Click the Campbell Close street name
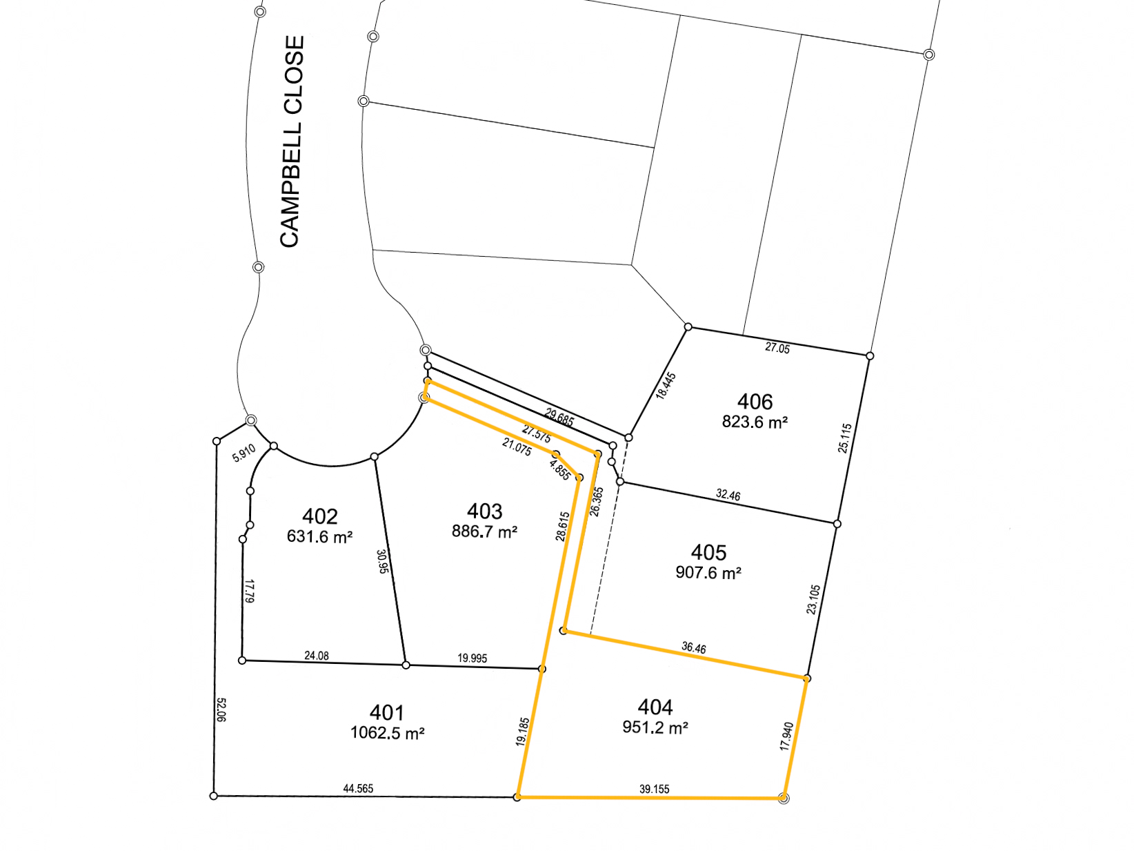pos(292,141)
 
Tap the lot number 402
pos(319,516)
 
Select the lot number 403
pos(484,511)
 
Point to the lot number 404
pos(655,707)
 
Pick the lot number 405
pos(708,552)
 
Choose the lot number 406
pos(755,402)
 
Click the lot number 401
pos(386,712)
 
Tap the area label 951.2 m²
pos(655,727)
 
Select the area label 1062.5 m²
pos(387,733)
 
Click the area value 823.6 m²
pos(755,422)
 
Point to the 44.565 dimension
pos(358,788)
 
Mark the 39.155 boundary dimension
pos(654,789)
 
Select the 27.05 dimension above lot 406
pos(777,348)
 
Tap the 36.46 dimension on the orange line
pos(693,648)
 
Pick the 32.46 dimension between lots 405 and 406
pos(728,495)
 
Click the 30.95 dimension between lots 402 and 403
pos(383,561)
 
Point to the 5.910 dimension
pos(243,453)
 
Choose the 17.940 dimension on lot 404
pos(786,736)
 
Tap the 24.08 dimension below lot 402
pos(317,656)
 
